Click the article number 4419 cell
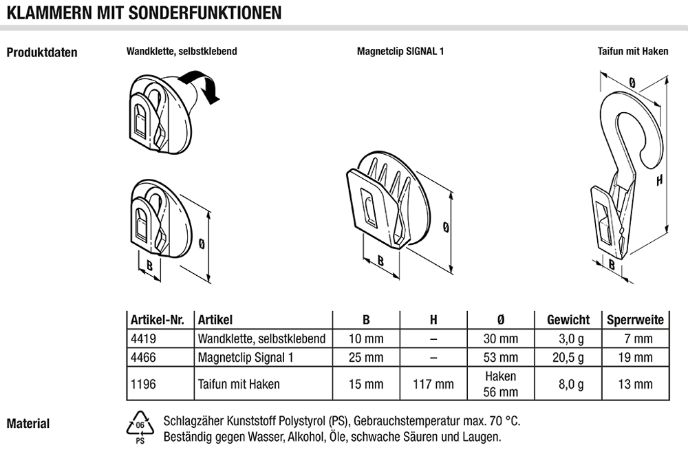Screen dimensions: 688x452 [143, 338]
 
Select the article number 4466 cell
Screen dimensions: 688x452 [143, 358]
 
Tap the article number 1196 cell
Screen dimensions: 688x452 [143, 384]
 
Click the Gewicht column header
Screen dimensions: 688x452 [568, 320]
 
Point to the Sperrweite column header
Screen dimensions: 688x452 [635, 320]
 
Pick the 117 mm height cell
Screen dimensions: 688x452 [433, 385]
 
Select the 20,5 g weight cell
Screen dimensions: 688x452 [568, 358]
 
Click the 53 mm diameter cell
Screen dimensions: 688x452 [501, 358]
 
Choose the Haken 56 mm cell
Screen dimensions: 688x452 [501, 384]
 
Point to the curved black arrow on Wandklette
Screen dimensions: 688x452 [200, 85]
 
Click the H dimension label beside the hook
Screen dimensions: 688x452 [659, 180]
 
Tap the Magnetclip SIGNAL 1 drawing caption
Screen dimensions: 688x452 [400, 52]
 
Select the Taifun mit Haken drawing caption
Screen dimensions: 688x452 [633, 52]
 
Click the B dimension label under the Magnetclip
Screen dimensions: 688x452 [380, 261]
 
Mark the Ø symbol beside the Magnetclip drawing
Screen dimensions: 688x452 [446, 226]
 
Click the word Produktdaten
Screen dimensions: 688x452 [42, 53]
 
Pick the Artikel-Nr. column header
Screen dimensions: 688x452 [157, 320]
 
